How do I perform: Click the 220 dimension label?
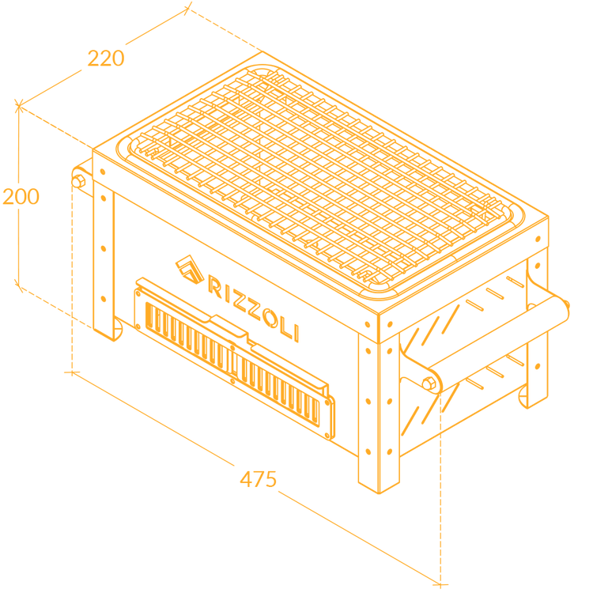[x=106, y=59]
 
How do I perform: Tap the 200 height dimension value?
[x=20, y=195]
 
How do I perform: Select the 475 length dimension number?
[x=259, y=478]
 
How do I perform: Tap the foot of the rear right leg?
[x=531, y=403]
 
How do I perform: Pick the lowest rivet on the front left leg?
[x=103, y=298]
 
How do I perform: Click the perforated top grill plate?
[x=316, y=174]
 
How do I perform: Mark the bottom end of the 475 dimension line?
[x=440, y=584]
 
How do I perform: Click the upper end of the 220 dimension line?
[x=187, y=8]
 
